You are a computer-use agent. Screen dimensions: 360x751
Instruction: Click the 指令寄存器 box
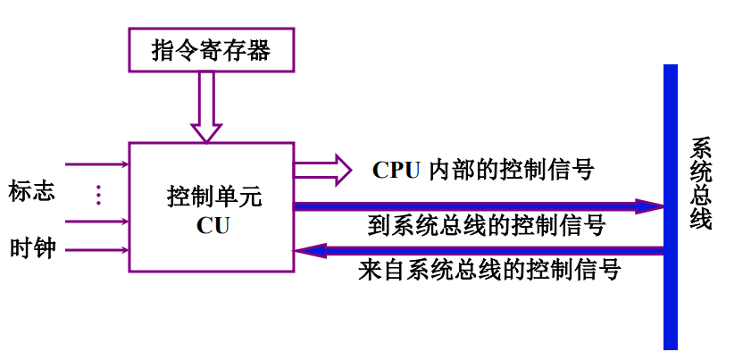coord(212,50)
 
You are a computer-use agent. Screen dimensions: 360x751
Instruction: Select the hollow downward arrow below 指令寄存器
coord(206,107)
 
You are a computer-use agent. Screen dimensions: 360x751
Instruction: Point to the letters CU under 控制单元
coord(213,225)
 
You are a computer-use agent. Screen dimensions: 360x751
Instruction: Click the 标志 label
coord(32,191)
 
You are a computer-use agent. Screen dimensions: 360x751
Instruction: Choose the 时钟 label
coord(32,248)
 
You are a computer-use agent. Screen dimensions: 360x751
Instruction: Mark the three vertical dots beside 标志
coord(99,194)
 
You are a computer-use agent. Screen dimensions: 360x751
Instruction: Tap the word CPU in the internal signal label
coord(396,170)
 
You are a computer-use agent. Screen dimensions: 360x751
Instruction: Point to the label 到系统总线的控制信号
coord(487,225)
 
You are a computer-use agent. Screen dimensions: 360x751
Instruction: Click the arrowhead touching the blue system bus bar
coord(650,206)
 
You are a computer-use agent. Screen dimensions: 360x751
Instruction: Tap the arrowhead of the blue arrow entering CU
coord(306,251)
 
